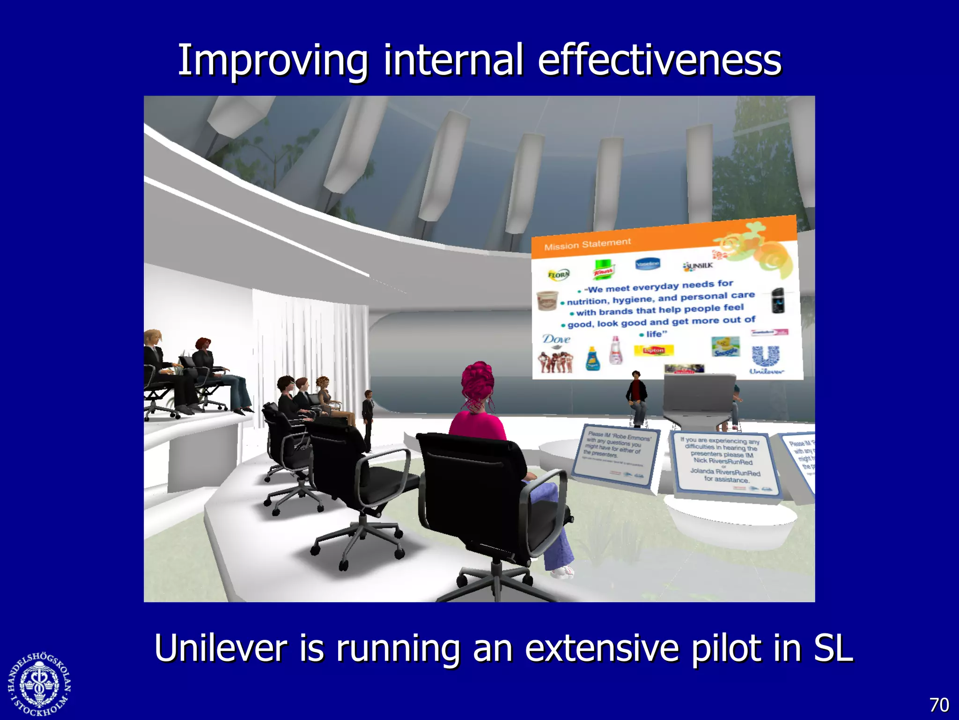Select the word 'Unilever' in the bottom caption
(220, 648)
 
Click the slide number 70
(938, 705)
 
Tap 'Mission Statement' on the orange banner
(587, 244)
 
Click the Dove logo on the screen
(556, 339)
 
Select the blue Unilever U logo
(766, 356)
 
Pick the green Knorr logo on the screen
(604, 269)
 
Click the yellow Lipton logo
(654, 350)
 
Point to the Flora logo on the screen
(558, 274)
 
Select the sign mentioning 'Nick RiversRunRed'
(723, 462)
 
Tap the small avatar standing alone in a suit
(368, 417)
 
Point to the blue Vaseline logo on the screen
(647, 264)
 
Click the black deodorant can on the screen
(778, 300)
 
